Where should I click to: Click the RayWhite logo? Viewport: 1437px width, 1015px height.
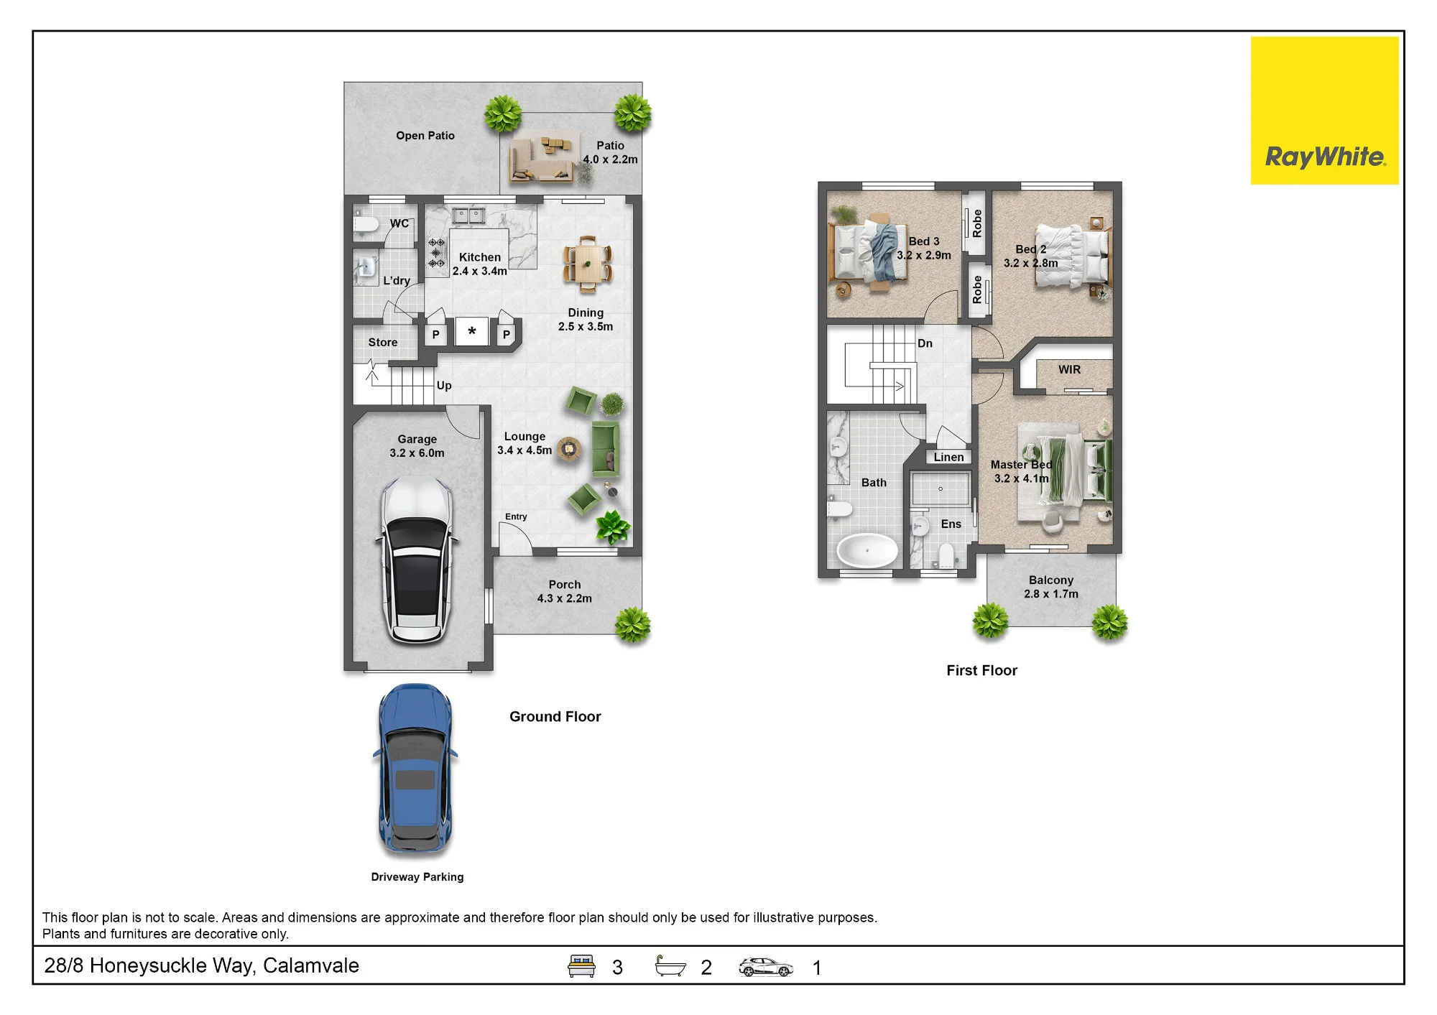(x=1324, y=111)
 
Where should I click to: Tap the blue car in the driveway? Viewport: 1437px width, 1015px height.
(x=415, y=769)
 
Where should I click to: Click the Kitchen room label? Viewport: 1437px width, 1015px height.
(x=480, y=257)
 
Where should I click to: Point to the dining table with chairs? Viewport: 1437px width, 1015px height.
(x=588, y=264)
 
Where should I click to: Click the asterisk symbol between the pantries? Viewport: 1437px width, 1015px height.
(x=472, y=331)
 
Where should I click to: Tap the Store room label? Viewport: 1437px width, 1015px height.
(x=383, y=343)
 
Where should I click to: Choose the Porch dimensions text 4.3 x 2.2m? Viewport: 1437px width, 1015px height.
(x=565, y=598)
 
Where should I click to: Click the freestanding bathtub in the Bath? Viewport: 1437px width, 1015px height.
(x=867, y=551)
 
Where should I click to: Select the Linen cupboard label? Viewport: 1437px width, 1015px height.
(x=949, y=457)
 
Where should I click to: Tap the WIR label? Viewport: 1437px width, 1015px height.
(x=1069, y=369)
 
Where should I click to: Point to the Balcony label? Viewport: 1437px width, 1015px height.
(x=1051, y=580)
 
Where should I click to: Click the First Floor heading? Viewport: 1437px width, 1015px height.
(x=981, y=670)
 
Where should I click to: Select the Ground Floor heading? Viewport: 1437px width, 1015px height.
(x=555, y=716)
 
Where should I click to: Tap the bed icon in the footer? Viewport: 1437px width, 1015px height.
(x=581, y=966)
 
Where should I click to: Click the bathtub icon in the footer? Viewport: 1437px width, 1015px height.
(x=670, y=966)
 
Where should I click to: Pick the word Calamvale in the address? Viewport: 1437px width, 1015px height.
(x=311, y=965)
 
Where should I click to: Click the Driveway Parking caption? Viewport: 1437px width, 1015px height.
(x=417, y=877)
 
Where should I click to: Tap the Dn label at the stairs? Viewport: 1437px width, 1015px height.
(x=925, y=343)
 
